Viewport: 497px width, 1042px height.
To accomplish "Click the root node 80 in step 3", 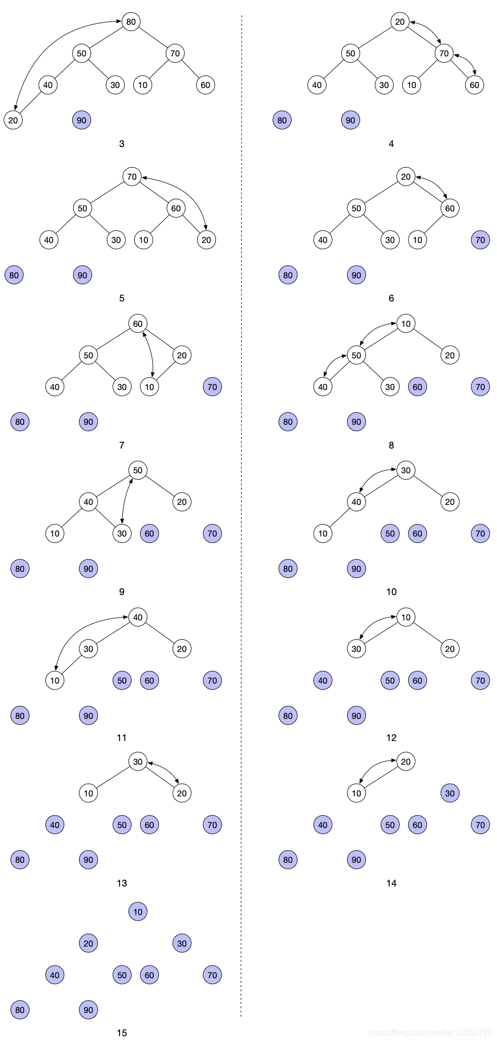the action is [x=131, y=22].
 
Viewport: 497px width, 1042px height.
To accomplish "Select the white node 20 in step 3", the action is [x=13, y=120].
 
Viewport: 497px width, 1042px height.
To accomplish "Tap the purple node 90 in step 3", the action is [x=82, y=120].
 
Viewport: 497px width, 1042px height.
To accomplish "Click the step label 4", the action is [x=391, y=144].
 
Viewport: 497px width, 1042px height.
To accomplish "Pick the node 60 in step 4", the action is [x=474, y=85].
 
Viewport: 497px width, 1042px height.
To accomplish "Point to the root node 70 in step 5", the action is [x=132, y=177].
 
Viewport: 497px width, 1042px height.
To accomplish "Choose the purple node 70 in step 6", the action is [x=480, y=240].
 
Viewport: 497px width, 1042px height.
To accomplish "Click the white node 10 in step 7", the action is [x=150, y=387].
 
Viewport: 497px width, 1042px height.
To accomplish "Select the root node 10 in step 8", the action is [x=405, y=324].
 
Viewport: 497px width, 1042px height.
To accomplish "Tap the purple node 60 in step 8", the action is [x=418, y=387].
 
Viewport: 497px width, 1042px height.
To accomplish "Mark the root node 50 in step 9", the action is [x=137, y=470].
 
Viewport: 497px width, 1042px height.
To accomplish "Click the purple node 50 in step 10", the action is [x=390, y=533].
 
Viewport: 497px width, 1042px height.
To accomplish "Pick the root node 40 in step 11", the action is [x=137, y=617].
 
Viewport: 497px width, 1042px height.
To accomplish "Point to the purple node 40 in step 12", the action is [x=323, y=680].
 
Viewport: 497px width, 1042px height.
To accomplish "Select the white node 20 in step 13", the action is [x=182, y=793].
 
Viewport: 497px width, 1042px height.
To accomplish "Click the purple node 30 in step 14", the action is [x=450, y=793].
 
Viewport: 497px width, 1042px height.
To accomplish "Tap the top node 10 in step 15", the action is [x=137, y=912].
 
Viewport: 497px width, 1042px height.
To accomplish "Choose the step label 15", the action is [x=122, y=1033].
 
